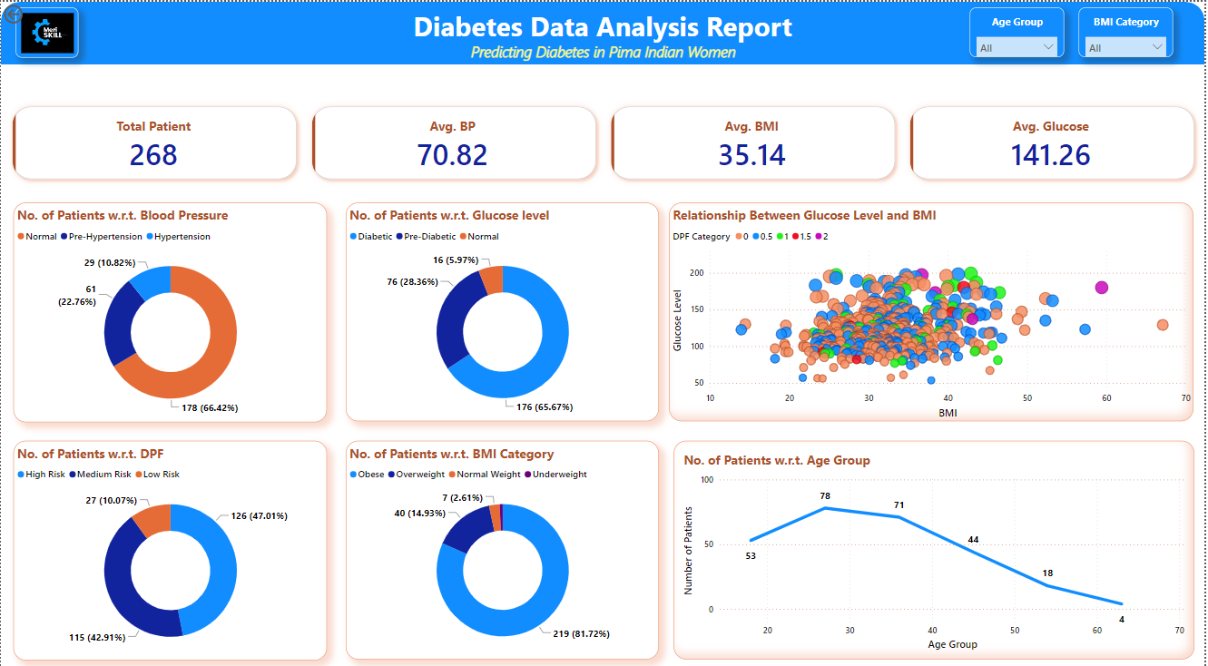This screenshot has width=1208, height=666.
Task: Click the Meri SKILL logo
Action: [x=47, y=33]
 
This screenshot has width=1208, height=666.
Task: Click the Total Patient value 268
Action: [x=153, y=155]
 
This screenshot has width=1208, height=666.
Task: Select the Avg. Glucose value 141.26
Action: [x=1051, y=155]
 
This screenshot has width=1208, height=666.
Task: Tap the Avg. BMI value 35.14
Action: [x=751, y=155]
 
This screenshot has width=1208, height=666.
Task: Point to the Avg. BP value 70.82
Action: [x=452, y=155]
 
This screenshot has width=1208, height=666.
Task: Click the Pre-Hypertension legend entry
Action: [x=105, y=237]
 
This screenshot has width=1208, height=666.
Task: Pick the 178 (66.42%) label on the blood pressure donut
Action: [x=204, y=408]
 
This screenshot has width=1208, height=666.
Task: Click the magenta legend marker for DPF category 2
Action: [x=820, y=237]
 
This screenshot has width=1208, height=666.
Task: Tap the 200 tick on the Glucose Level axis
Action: [x=698, y=272]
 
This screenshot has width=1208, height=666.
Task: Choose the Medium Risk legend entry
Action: [x=103, y=475]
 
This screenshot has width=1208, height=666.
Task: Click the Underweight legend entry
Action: [x=559, y=475]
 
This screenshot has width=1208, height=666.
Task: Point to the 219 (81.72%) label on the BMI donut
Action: [x=575, y=632]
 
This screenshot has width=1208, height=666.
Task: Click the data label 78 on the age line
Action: [x=825, y=496]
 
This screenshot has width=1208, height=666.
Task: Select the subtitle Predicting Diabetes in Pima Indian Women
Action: [x=603, y=53]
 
